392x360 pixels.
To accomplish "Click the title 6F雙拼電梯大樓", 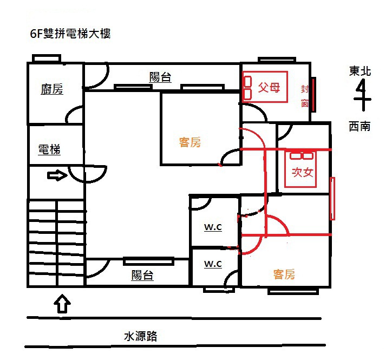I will (x=70, y=34).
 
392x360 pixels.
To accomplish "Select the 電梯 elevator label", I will (x=49, y=150).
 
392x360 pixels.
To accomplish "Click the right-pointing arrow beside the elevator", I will (x=57, y=175).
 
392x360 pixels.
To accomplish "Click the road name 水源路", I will (x=141, y=336).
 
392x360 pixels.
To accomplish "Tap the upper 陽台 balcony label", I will (x=160, y=77).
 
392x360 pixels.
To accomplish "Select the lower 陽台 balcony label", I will (x=142, y=275).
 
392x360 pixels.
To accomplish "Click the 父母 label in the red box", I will (x=269, y=87).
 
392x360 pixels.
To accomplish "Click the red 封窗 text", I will (x=305, y=96).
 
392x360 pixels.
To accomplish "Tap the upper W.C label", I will (x=213, y=227).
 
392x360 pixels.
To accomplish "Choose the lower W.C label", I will (x=213, y=264).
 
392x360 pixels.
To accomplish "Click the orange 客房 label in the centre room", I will (x=190, y=142).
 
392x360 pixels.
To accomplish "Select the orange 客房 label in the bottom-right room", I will (x=284, y=274).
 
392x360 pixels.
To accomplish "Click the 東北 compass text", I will (x=360, y=71).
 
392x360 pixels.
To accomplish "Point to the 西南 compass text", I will (x=360, y=127).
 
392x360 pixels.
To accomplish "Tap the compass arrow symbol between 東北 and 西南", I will (x=361, y=97).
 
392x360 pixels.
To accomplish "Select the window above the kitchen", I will (x=45, y=58).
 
